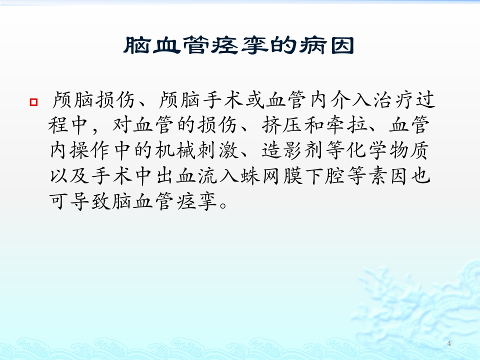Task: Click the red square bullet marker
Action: tap(33, 102)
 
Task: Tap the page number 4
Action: tap(449, 343)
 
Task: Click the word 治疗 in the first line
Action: tap(393, 100)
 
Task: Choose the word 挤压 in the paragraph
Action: tap(281, 125)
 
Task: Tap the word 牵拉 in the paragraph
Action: tap(346, 125)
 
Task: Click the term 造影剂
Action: tap(293, 150)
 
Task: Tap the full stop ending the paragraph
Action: tap(223, 205)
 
